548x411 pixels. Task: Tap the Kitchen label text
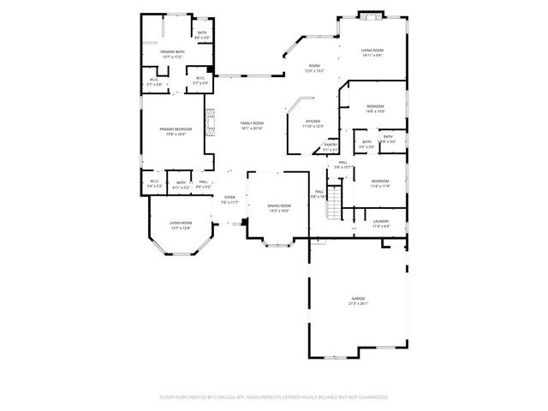(313, 123)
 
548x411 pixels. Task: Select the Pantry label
(331, 146)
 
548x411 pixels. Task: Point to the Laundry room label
(381, 223)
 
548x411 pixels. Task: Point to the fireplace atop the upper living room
(371, 15)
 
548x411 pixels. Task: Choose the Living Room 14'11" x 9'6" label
(372, 53)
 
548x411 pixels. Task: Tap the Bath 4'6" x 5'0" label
(202, 35)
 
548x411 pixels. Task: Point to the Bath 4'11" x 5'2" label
(181, 184)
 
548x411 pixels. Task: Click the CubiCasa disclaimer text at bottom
(274, 396)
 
